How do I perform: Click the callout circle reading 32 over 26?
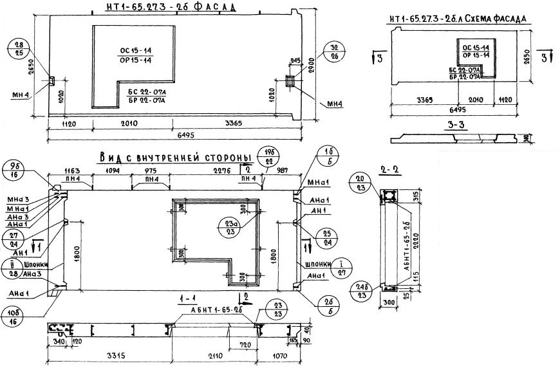click(335, 51)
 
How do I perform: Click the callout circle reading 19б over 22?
click(265, 155)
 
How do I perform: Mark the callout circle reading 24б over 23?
click(360, 292)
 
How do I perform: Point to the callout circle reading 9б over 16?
click(14, 169)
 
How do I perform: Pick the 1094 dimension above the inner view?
click(113, 171)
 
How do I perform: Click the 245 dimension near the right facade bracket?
click(295, 61)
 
